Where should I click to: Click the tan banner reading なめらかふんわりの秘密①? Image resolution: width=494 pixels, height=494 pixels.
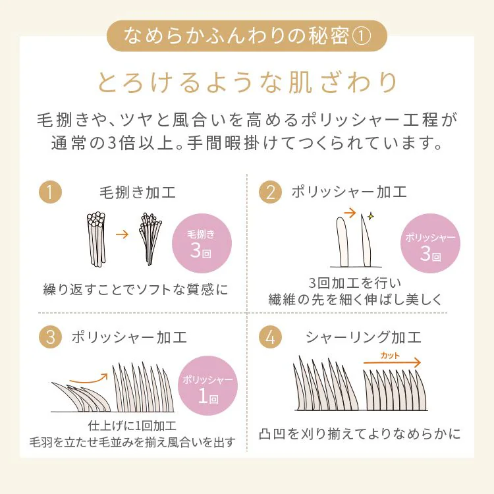tap(247, 36)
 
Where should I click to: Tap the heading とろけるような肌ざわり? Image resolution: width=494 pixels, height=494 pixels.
tap(247, 82)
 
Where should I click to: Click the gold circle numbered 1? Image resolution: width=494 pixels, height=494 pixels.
tap(50, 192)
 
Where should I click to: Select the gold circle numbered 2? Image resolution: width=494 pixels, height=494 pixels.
tap(270, 192)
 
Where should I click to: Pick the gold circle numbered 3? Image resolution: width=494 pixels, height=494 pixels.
tap(50, 337)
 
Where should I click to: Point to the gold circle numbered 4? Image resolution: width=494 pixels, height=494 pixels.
tap(270, 337)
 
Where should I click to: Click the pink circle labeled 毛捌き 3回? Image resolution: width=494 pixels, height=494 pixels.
tap(202, 243)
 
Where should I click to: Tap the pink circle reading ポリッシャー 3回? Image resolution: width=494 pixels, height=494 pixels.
tap(430, 243)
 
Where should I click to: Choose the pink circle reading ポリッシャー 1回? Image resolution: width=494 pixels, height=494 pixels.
tap(207, 385)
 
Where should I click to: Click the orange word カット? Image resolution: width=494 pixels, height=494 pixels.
tap(390, 356)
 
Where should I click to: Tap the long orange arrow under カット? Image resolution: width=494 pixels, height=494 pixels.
tap(393, 363)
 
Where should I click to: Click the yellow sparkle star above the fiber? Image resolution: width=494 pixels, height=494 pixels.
tap(370, 216)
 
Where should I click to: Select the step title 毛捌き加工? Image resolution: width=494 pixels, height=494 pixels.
tap(138, 192)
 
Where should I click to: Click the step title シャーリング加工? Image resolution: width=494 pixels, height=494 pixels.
tap(363, 337)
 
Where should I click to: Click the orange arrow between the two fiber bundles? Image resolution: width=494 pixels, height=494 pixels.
tap(123, 234)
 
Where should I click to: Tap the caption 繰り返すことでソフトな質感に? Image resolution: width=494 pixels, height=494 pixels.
tap(136, 289)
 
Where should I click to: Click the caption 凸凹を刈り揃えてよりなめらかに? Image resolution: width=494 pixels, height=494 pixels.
tap(360, 434)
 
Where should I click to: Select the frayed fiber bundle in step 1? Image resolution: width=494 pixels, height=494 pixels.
tap(150, 239)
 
